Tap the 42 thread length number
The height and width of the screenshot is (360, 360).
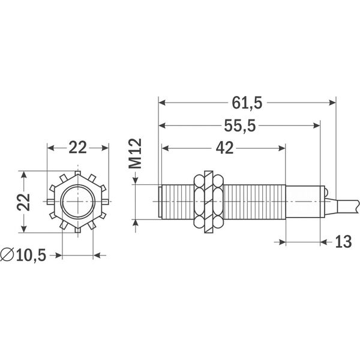click(224, 148)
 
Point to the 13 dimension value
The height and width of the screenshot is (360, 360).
click(344, 242)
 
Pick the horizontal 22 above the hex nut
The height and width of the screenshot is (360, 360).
click(77, 148)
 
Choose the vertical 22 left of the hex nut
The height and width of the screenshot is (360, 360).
click(23, 202)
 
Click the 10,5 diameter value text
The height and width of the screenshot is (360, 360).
click(31, 255)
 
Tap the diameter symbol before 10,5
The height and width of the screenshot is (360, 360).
click(8, 255)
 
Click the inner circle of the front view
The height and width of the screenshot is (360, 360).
click(77, 202)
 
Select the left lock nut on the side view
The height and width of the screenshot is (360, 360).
click(200, 202)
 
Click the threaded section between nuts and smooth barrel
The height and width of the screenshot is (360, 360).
click(252, 202)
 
